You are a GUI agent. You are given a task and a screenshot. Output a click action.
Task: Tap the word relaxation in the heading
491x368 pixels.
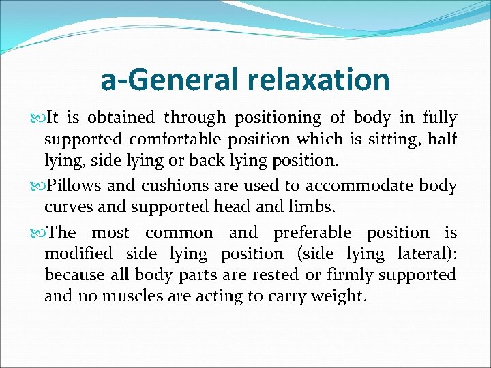(x=318, y=80)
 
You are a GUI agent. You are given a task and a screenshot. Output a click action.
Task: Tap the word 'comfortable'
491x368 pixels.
(x=175, y=139)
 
